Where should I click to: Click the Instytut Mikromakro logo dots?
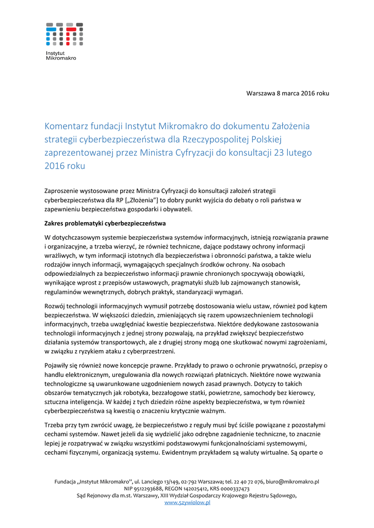(64, 34)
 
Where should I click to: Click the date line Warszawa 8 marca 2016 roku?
(287, 93)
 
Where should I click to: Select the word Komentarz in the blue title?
(69, 126)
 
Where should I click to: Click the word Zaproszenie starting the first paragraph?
(63, 191)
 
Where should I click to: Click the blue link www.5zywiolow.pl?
(187, 502)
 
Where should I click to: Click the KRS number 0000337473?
(233, 488)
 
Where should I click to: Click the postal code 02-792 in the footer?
(191, 482)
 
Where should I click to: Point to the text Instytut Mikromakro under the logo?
(60, 56)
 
